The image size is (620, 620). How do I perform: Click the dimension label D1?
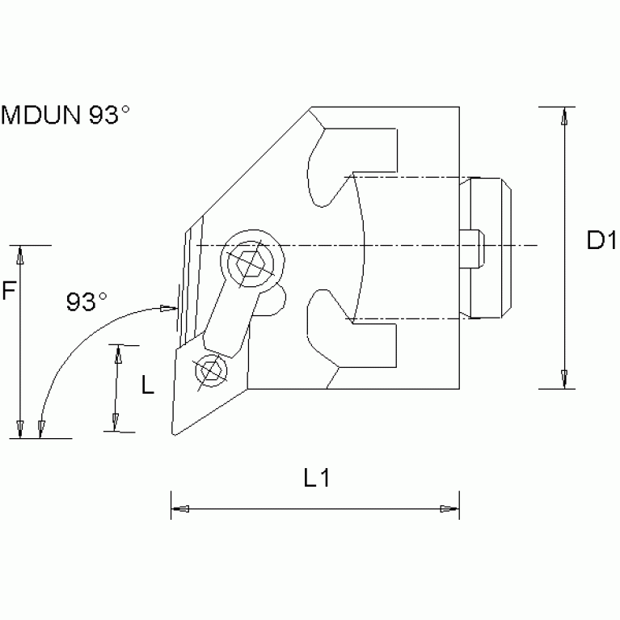pyautogui.click(x=601, y=240)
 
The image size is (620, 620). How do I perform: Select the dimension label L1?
pyautogui.click(x=317, y=478)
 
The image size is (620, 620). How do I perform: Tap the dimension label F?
pyautogui.click(x=8, y=291)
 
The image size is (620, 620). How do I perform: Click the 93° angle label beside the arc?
pyautogui.click(x=86, y=302)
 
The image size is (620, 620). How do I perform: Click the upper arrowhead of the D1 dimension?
pyautogui.click(x=563, y=117)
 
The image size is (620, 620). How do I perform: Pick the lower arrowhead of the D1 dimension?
pyautogui.click(x=563, y=377)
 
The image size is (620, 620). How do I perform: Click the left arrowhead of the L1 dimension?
pyautogui.click(x=182, y=509)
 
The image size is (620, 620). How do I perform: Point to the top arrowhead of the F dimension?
pyautogui.click(x=20, y=255)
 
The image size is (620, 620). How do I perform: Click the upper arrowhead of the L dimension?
pyautogui.click(x=118, y=354)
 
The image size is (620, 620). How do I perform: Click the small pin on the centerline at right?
pyautogui.click(x=473, y=245)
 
